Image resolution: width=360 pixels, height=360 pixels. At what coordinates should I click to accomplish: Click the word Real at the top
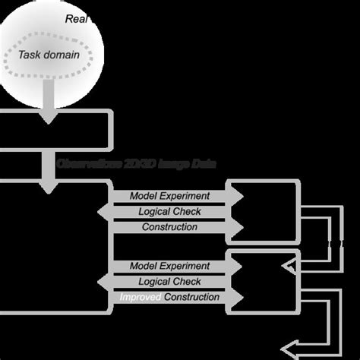pos(77,18)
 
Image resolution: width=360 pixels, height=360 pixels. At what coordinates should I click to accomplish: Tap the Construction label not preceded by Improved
pos(169,227)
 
